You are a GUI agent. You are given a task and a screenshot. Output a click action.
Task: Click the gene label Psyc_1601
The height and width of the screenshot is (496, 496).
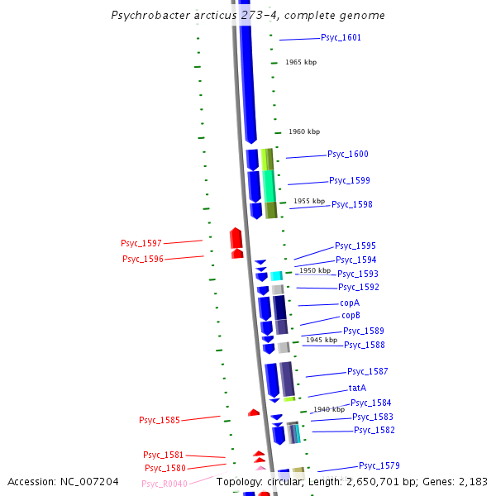click(341, 38)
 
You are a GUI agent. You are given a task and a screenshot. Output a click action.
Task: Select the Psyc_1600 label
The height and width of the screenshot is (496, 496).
click(348, 155)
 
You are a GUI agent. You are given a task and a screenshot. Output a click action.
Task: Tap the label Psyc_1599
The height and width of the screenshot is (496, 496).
click(350, 181)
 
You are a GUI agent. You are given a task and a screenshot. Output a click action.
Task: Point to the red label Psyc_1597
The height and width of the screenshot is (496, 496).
click(141, 243)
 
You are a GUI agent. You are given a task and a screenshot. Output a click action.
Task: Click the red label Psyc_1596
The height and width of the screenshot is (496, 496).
click(143, 259)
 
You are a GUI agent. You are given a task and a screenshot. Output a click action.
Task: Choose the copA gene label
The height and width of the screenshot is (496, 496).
click(350, 303)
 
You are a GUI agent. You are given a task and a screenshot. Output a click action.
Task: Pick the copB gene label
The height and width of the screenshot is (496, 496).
click(351, 316)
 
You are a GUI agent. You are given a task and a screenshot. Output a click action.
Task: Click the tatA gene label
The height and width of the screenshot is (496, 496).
click(357, 388)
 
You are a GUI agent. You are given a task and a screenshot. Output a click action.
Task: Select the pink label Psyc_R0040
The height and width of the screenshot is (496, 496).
click(165, 484)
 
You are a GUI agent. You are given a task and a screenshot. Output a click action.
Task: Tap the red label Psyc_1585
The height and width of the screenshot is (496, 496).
click(160, 420)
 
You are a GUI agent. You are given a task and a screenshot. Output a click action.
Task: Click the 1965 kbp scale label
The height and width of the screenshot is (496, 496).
click(301, 63)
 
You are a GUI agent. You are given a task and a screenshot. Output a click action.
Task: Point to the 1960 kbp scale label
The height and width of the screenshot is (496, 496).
click(303, 132)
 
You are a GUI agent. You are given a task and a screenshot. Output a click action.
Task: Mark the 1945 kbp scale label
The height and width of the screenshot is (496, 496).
click(322, 340)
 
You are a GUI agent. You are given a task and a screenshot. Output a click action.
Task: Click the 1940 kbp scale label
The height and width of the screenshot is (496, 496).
click(329, 409)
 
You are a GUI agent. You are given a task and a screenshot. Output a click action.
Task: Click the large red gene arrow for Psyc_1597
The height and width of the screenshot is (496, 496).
click(236, 238)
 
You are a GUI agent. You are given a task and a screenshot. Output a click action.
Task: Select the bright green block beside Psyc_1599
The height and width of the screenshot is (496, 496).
click(269, 186)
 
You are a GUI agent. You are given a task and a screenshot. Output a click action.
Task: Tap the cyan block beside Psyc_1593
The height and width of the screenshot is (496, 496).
click(277, 275)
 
